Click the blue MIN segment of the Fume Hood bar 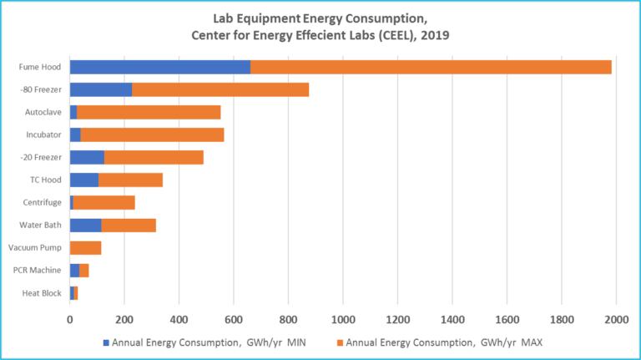(x=159, y=67)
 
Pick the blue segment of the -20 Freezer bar (x=87, y=157)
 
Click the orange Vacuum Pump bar (x=85, y=247)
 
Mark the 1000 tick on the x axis (x=343, y=318)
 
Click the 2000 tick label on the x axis (x=616, y=318)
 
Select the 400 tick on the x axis (x=179, y=318)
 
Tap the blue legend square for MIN (x=106, y=342)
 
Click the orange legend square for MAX (x=340, y=342)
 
